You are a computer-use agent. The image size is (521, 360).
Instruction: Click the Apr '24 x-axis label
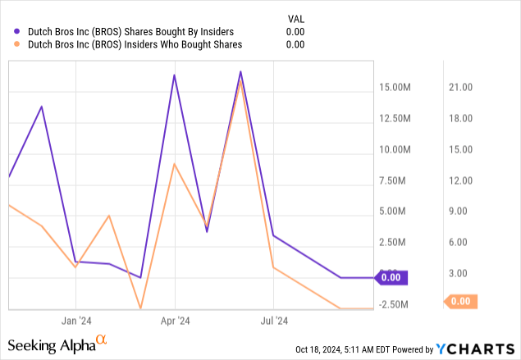click(x=175, y=321)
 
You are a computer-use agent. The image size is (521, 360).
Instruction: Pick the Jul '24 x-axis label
click(x=274, y=321)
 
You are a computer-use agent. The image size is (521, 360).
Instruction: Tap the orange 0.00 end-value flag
click(x=459, y=301)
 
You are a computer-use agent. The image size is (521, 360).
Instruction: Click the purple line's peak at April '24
click(x=175, y=75)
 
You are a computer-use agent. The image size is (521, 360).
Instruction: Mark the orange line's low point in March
click(x=141, y=308)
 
